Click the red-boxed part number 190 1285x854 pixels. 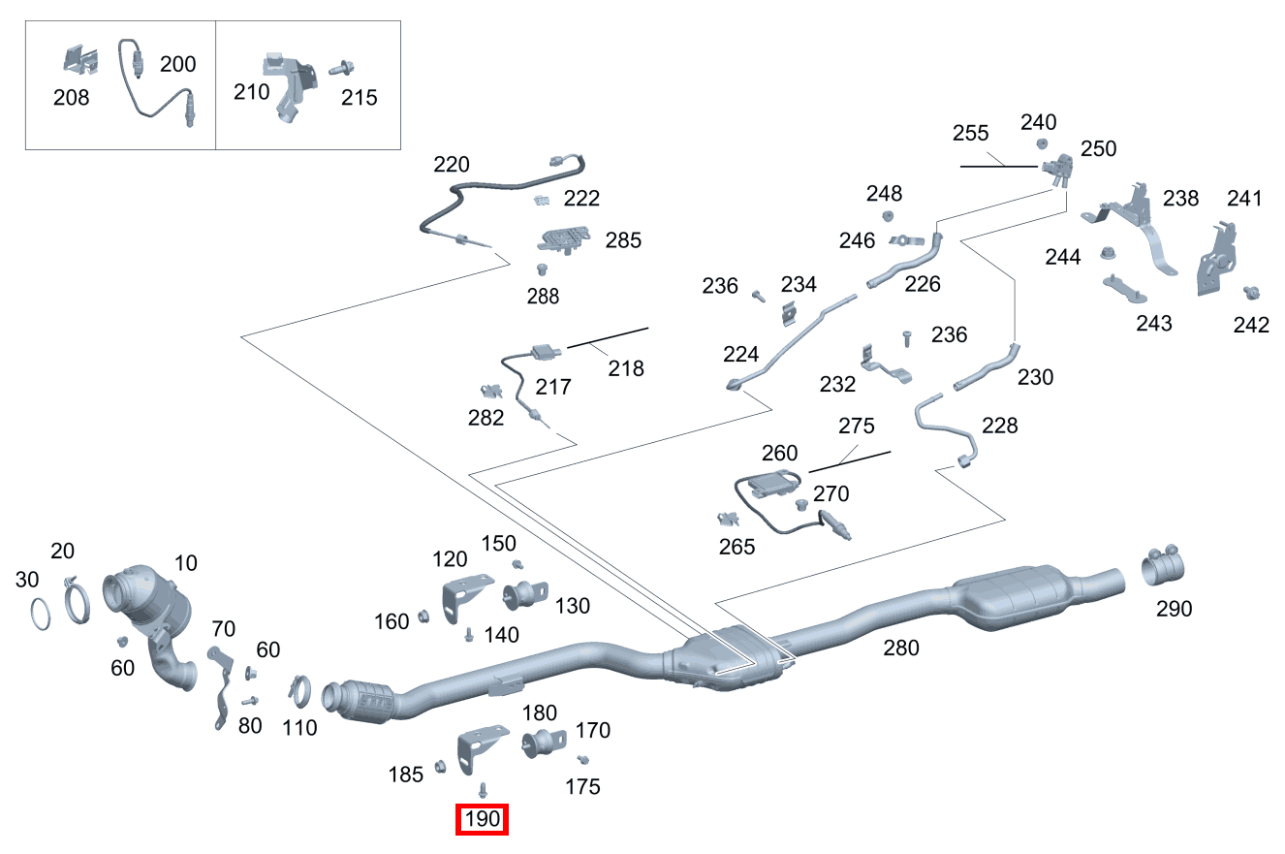coord(482,818)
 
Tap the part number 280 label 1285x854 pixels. coord(900,648)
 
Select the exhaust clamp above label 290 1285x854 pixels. coord(1162,564)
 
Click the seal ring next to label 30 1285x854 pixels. coord(40,614)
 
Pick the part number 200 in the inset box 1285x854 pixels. coord(178,64)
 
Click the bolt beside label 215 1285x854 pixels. coord(341,68)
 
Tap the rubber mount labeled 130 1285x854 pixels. coord(525,595)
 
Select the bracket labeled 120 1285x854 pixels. coord(466,598)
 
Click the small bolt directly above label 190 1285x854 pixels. coord(483,790)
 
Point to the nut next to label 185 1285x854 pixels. coord(440,766)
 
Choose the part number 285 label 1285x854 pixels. coord(623,240)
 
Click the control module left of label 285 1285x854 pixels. coord(564,239)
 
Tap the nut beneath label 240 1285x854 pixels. coord(1042,143)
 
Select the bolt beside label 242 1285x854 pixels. coord(1251,293)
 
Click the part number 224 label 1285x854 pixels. coord(740,354)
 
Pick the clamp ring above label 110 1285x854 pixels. coord(299,691)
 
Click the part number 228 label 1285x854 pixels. coord(999,426)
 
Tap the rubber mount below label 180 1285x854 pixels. coord(544,743)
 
